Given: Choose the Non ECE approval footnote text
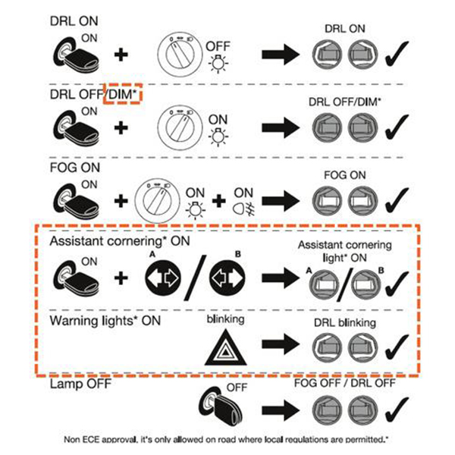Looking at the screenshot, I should (227, 439).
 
